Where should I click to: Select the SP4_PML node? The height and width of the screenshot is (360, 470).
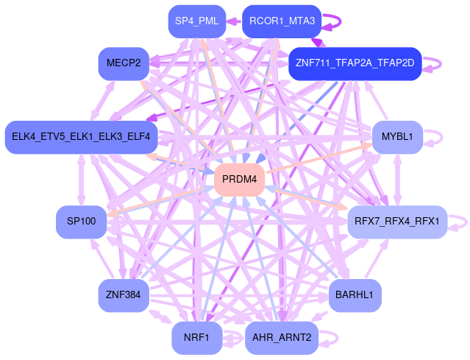coord(193,21)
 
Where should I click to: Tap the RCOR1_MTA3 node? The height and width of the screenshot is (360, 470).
coord(282,21)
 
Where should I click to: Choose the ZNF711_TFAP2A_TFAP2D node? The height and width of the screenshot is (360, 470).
coord(355,63)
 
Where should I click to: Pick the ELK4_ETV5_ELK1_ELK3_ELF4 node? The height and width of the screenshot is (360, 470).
coord(81,137)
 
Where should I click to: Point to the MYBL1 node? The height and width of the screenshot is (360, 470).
coord(397,137)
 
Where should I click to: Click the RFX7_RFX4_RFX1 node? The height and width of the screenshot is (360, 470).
coord(396,221)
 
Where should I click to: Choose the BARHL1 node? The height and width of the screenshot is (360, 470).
coord(355,295)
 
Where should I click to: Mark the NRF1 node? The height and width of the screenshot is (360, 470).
coord(196,338)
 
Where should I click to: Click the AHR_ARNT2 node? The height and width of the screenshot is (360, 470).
coord(282,338)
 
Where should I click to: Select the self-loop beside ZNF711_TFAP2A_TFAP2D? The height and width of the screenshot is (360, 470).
coord(439,63)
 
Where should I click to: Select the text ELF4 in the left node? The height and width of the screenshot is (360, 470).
coord(138,137)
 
